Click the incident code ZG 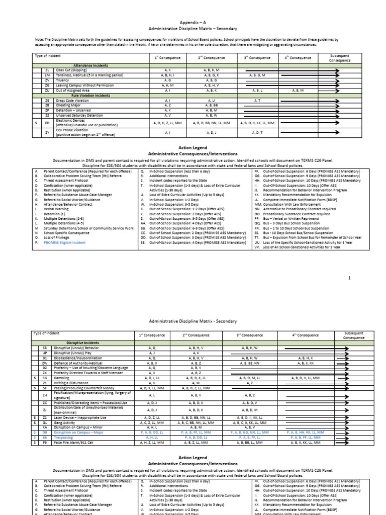click(x=47, y=85)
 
